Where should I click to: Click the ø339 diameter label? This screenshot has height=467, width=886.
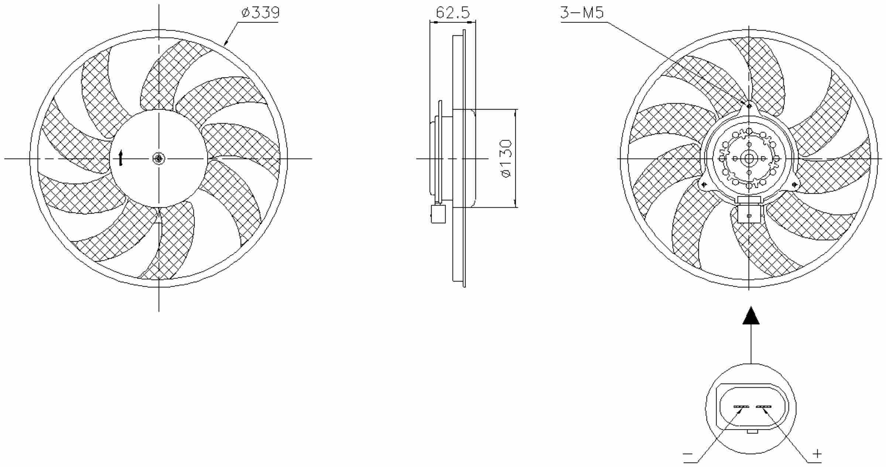[261, 13]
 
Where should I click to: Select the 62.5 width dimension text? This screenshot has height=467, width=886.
[453, 13]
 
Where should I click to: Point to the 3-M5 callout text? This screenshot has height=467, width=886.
[582, 13]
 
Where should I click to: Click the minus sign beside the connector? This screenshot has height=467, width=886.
[688, 454]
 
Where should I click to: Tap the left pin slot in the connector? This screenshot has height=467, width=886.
[741, 407]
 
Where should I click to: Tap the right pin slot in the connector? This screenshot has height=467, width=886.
[764, 407]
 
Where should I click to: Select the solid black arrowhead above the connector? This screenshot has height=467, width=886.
[751, 316]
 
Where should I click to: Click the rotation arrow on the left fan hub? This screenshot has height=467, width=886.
[120, 158]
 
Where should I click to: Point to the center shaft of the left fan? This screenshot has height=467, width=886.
[159, 159]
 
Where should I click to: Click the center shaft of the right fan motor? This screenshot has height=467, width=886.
[749, 159]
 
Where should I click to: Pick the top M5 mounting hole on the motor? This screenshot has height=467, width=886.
[749, 106]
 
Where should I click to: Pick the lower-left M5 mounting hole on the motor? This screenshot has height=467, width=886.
[704, 184]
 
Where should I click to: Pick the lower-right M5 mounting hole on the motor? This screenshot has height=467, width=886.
[794, 184]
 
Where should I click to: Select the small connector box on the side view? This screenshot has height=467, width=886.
[438, 214]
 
